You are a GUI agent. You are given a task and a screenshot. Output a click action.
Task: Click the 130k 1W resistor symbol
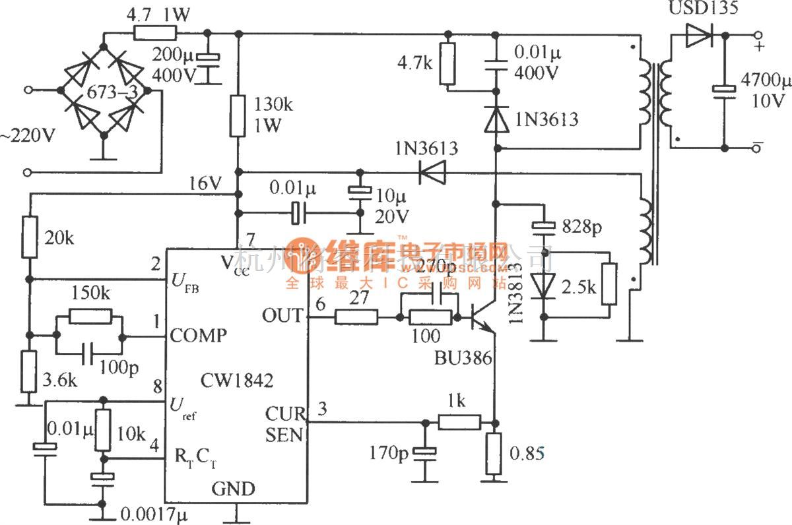(x=238, y=115)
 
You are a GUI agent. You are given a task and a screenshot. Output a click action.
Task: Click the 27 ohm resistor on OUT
(x=356, y=317)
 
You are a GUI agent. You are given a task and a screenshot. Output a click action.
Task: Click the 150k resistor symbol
(x=90, y=317)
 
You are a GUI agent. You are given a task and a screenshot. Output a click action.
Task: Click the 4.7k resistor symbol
(x=448, y=64)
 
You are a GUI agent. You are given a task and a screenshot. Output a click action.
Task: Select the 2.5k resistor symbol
(x=609, y=284)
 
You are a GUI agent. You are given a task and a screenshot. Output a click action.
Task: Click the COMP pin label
(x=197, y=335)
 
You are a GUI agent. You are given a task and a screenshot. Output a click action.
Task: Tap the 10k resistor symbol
(x=102, y=430)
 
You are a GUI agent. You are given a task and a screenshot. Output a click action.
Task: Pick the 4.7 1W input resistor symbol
(x=154, y=33)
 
